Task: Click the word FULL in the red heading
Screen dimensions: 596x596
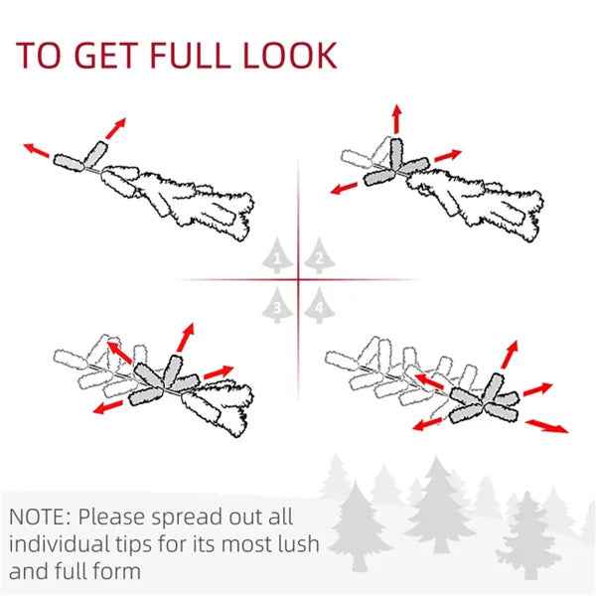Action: click(190, 55)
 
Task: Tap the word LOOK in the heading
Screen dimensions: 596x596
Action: click(290, 55)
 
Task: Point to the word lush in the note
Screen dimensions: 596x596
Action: click(298, 543)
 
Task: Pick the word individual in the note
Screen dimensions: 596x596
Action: click(59, 543)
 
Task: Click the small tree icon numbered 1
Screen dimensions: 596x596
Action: click(277, 255)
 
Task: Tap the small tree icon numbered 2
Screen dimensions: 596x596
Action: click(319, 255)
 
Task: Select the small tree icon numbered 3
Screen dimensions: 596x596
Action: click(277, 305)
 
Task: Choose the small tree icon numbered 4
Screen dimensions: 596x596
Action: click(319, 305)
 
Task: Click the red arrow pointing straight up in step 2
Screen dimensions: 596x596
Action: click(396, 119)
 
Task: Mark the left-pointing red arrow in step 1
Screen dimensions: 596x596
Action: click(37, 150)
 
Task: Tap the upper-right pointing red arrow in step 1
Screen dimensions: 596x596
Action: click(115, 128)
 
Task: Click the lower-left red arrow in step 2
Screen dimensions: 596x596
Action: click(344, 188)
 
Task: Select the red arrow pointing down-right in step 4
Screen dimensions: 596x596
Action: click(547, 426)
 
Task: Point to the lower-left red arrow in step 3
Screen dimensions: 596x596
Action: click(108, 407)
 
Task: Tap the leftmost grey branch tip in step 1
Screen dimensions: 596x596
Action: click(69, 163)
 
